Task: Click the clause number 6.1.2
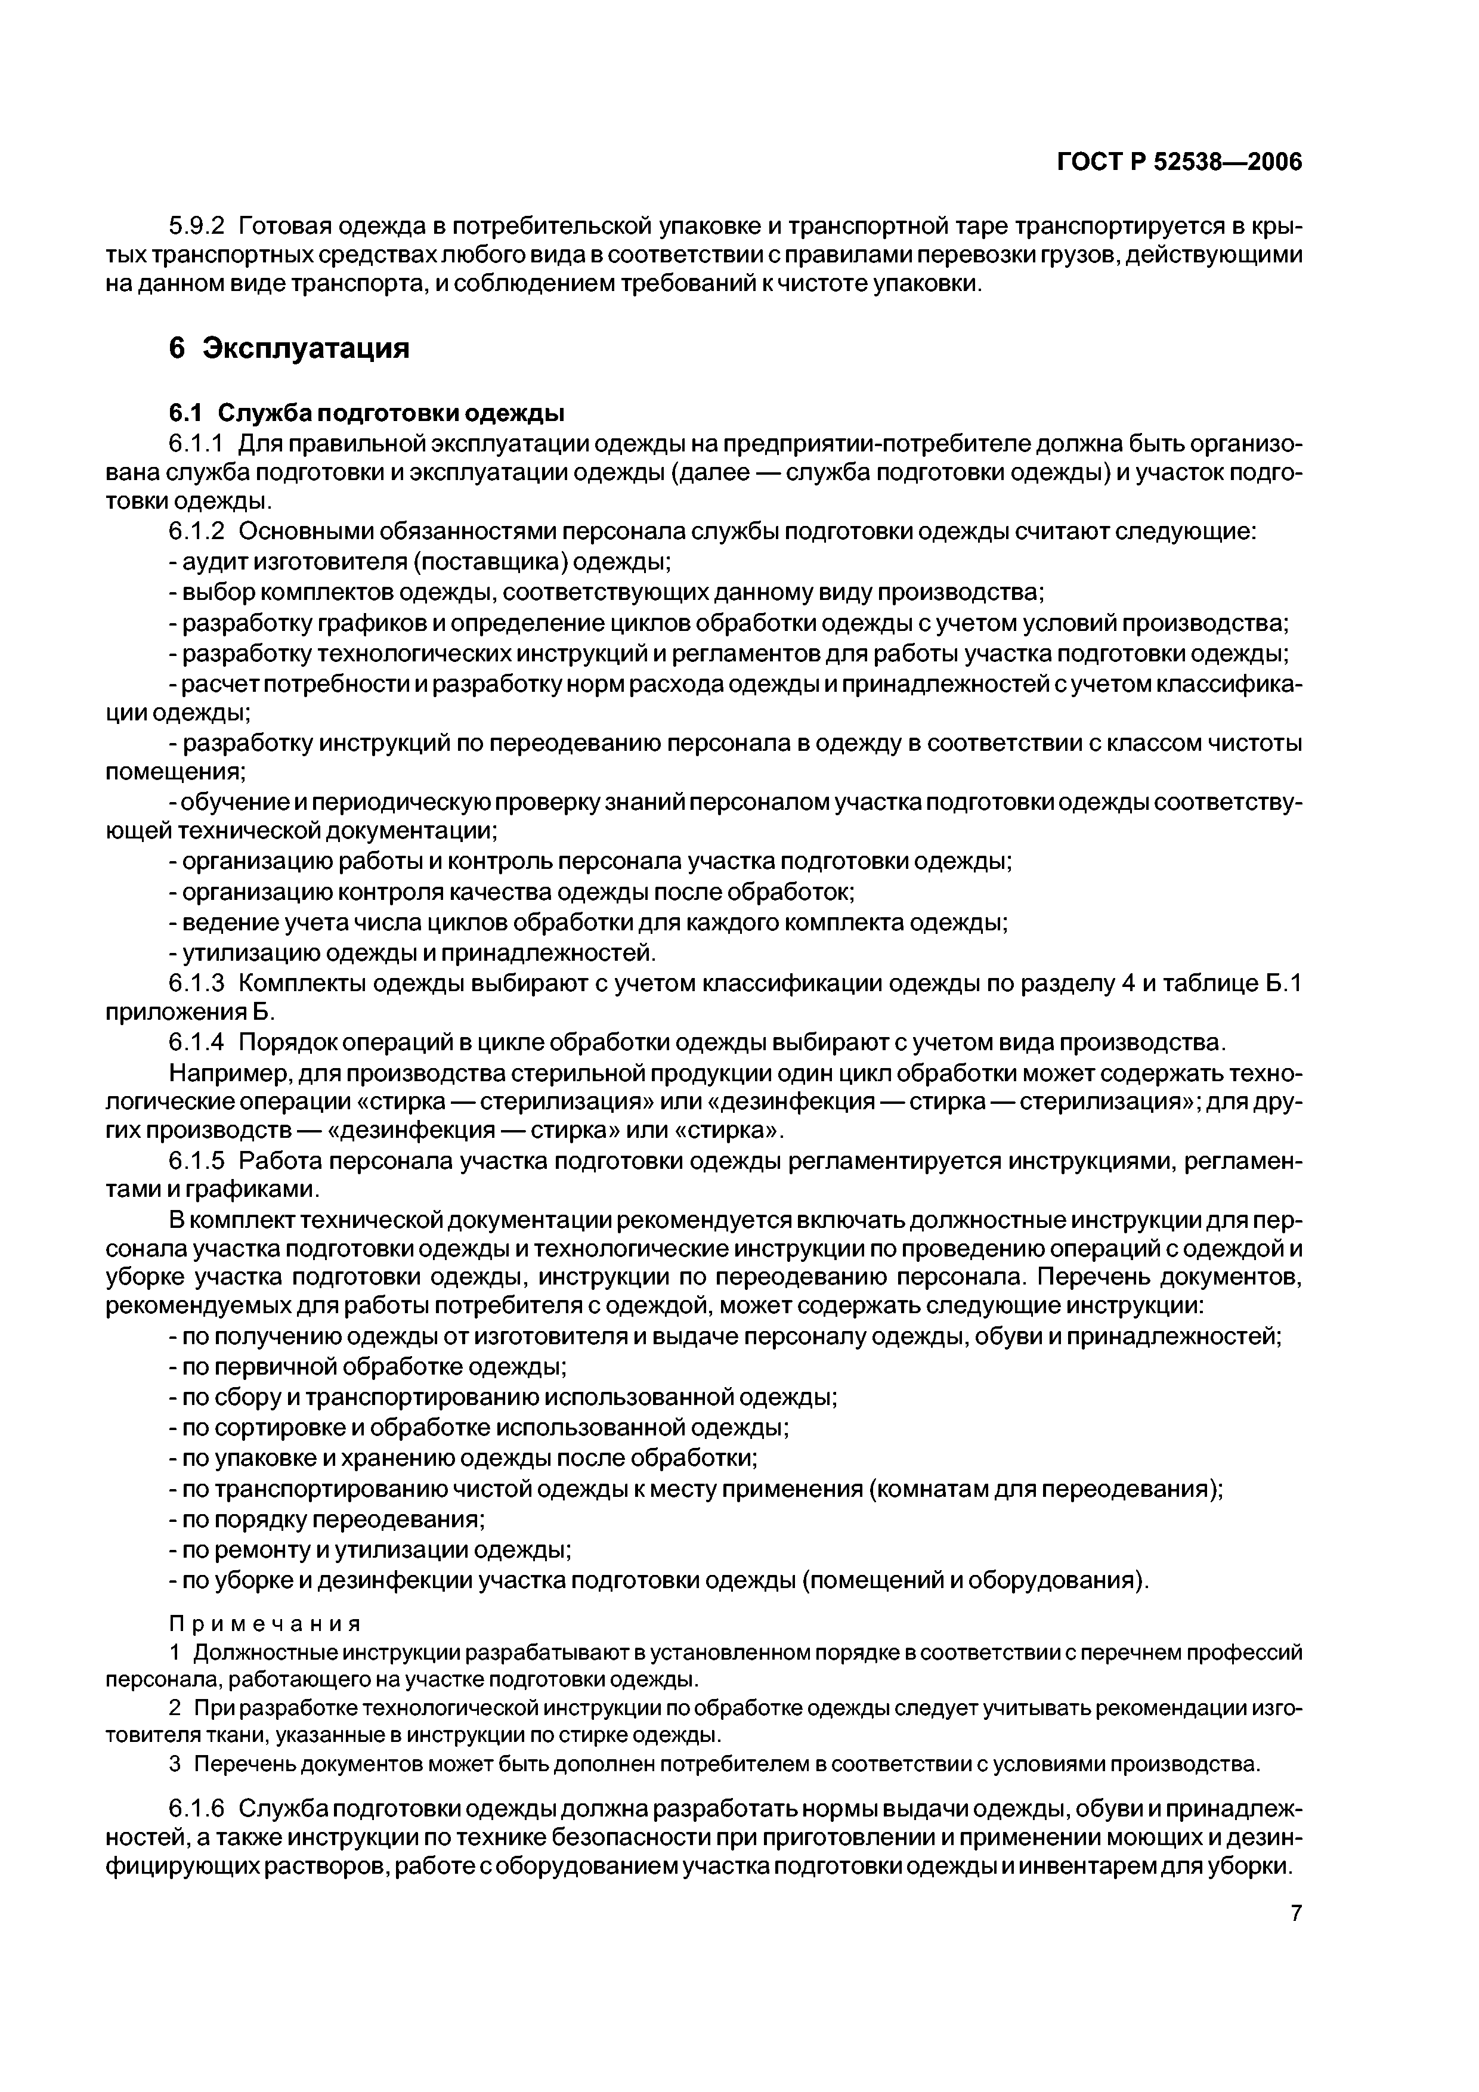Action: click(196, 531)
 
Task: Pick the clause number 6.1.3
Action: click(196, 984)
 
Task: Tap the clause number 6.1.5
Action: click(196, 1161)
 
